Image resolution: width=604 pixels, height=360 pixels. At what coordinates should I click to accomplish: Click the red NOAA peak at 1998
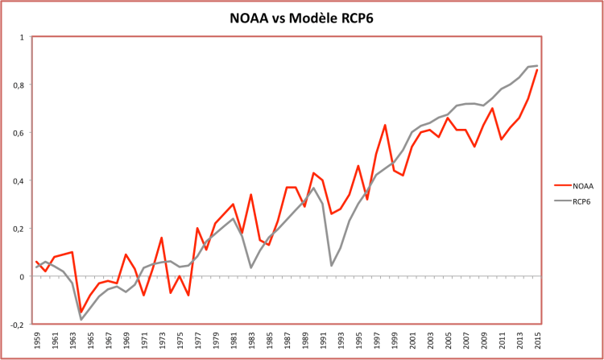(x=385, y=125)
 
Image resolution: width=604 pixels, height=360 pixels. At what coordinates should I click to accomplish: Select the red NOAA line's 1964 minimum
(x=81, y=312)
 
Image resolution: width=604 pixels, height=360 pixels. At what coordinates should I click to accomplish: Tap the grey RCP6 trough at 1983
(x=251, y=267)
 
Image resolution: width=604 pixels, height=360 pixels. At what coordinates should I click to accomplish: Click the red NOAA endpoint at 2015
(x=536, y=70)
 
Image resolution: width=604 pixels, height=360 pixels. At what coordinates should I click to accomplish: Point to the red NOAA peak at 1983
(x=251, y=195)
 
